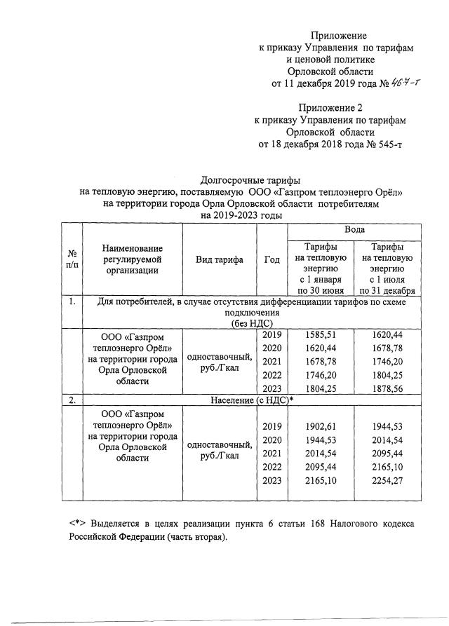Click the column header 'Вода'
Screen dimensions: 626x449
click(x=353, y=230)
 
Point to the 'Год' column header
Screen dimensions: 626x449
click(x=272, y=259)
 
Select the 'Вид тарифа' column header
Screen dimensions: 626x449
click(x=219, y=259)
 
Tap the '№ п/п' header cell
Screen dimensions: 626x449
click(x=72, y=259)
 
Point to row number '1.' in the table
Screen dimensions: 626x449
click(x=72, y=302)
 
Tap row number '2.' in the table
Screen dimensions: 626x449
click(x=72, y=400)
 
